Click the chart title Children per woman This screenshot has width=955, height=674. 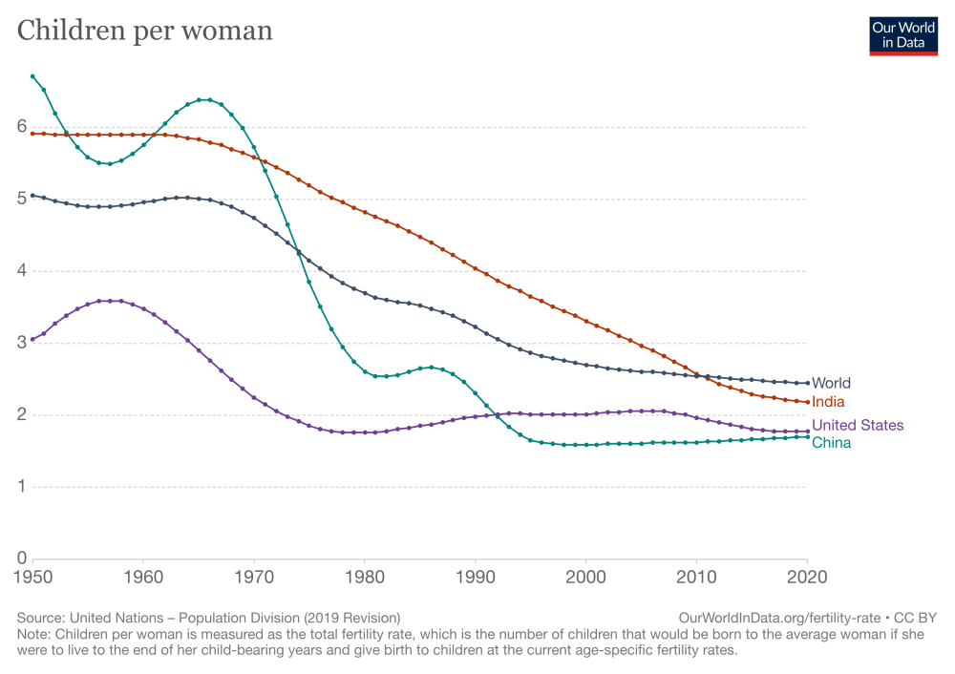coord(145,31)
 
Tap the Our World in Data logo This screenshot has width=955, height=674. coord(903,35)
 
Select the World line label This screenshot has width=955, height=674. coord(830,384)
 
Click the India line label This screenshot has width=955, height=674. coord(827,402)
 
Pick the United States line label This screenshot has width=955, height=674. coord(858,426)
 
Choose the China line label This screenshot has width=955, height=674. coord(831,443)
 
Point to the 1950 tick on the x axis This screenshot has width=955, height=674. coord(32,578)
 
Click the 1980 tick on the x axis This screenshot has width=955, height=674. coord(365,578)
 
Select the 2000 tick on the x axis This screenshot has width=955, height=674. coord(585,578)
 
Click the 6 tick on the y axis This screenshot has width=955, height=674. coord(21,127)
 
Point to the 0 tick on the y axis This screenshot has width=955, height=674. coord(21,558)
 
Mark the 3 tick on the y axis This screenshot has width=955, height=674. coord(21,343)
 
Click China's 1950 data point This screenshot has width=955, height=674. coord(32,76)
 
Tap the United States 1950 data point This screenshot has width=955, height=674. coord(32,339)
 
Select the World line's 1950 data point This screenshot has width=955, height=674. coord(32,195)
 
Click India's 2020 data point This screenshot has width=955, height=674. coord(807,402)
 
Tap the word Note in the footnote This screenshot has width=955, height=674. coord(34,634)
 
